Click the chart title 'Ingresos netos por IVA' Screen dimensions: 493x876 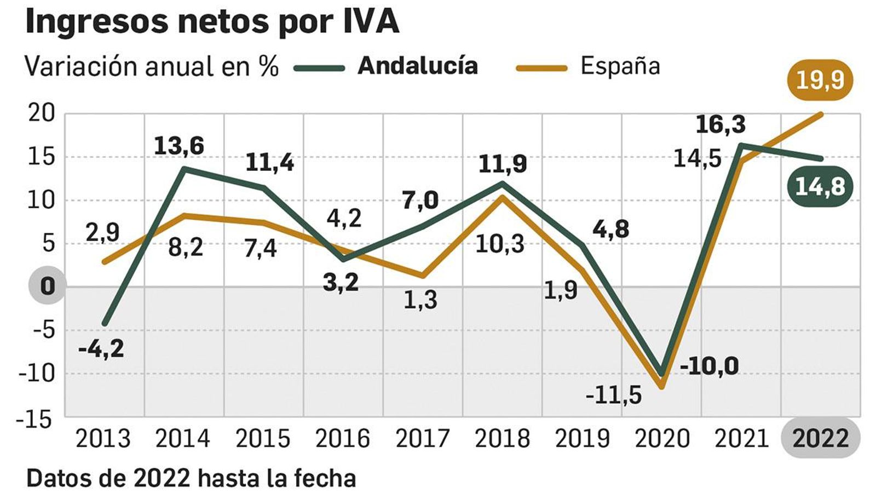pyautogui.click(x=212, y=22)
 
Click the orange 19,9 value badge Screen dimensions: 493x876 pyautogui.click(x=820, y=81)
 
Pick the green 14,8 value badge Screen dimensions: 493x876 pyautogui.click(x=820, y=187)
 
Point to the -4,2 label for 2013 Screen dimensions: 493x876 pyautogui.click(x=102, y=348)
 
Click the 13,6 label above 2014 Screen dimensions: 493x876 pyautogui.click(x=179, y=146)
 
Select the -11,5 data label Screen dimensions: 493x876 pyautogui.click(x=613, y=394)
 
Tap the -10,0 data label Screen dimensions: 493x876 pyautogui.click(x=709, y=366)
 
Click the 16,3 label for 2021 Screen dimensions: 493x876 pyautogui.click(x=721, y=125)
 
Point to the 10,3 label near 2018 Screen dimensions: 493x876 pyautogui.click(x=499, y=244)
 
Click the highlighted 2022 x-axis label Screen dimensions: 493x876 pyautogui.click(x=820, y=439)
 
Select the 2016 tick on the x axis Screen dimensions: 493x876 pyautogui.click(x=342, y=439)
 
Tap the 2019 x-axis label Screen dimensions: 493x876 pyautogui.click(x=582, y=439)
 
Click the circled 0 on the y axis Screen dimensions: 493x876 pyautogui.click(x=48, y=286)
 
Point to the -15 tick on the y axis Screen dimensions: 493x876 pyautogui.click(x=36, y=420)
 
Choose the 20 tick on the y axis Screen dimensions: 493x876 pyautogui.click(x=42, y=113)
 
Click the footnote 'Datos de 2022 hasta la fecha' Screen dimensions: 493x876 pyautogui.click(x=191, y=478)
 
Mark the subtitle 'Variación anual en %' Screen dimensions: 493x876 pyautogui.click(x=152, y=66)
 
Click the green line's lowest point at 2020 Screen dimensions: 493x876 pyautogui.click(x=661, y=374)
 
